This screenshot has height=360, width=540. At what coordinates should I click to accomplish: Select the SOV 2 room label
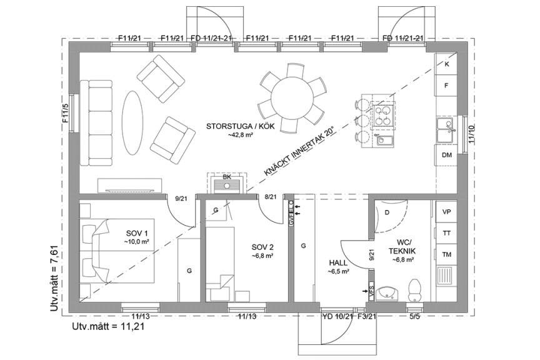click(263, 251)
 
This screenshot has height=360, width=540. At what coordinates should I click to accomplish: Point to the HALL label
click(337, 267)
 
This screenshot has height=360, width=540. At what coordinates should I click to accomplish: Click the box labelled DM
click(447, 155)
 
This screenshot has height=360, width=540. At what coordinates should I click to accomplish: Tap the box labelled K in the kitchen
click(447, 64)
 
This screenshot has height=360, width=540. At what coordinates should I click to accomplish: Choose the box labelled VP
click(447, 212)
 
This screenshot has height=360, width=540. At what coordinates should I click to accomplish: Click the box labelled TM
click(447, 254)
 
